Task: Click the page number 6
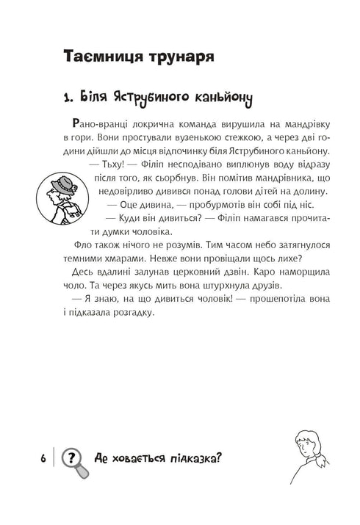coord(43,457)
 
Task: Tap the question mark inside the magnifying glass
coord(70,456)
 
